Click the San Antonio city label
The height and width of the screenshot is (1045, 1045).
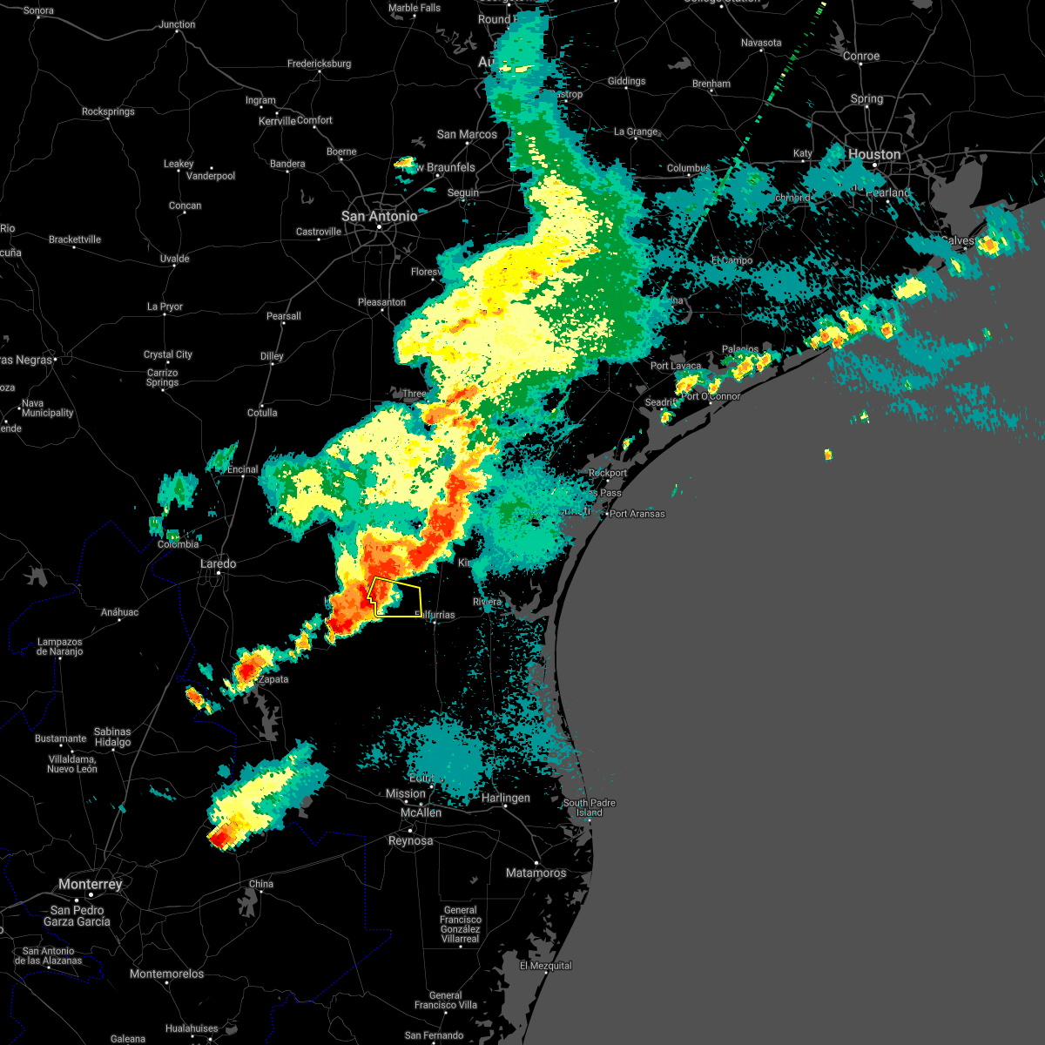(x=379, y=216)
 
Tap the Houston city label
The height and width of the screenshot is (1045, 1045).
(x=873, y=154)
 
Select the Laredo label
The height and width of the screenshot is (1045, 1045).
(x=218, y=563)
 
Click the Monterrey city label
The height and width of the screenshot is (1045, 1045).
(x=90, y=884)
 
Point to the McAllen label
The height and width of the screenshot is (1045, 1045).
(x=421, y=812)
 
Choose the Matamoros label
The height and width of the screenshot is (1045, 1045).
(x=536, y=873)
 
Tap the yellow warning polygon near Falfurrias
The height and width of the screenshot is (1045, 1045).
(x=398, y=598)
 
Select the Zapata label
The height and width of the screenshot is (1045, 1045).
(x=273, y=679)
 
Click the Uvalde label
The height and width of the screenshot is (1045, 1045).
(x=174, y=259)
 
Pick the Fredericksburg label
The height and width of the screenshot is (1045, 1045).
(x=319, y=64)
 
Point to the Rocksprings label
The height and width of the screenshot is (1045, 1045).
(x=108, y=111)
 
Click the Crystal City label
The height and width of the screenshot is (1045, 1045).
(x=167, y=354)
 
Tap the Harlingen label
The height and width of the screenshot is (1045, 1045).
(x=505, y=798)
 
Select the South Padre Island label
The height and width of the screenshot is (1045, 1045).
(x=589, y=807)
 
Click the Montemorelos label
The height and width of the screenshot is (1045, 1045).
(x=166, y=974)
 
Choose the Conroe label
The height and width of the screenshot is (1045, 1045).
(x=861, y=56)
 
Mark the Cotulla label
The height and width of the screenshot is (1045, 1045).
(x=261, y=413)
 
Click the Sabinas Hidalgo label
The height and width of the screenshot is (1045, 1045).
(x=112, y=737)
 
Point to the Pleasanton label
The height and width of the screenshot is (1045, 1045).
(x=381, y=302)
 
